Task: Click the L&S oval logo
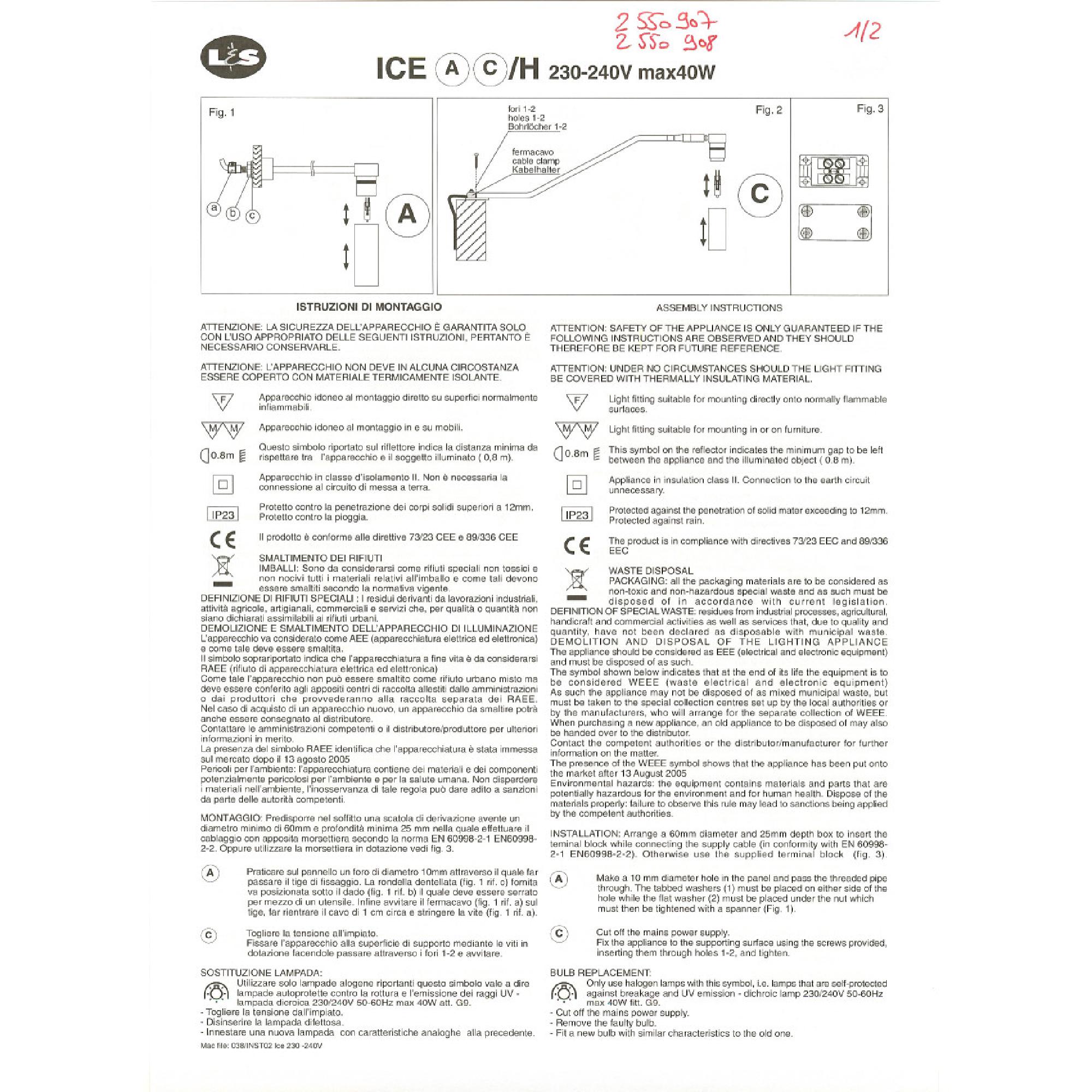pos(234,59)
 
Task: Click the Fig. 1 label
pos(222,112)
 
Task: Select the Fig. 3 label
pos(870,109)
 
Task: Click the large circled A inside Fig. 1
pos(407,215)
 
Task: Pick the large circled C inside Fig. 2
pos(759,194)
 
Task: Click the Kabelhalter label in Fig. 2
pos(536,170)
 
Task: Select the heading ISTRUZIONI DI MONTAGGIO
pos(369,307)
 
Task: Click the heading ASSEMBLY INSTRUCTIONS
pos(719,308)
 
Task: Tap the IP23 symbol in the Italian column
pos(223,514)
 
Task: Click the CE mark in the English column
pos(577,545)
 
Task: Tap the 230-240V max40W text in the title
pos(632,73)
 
